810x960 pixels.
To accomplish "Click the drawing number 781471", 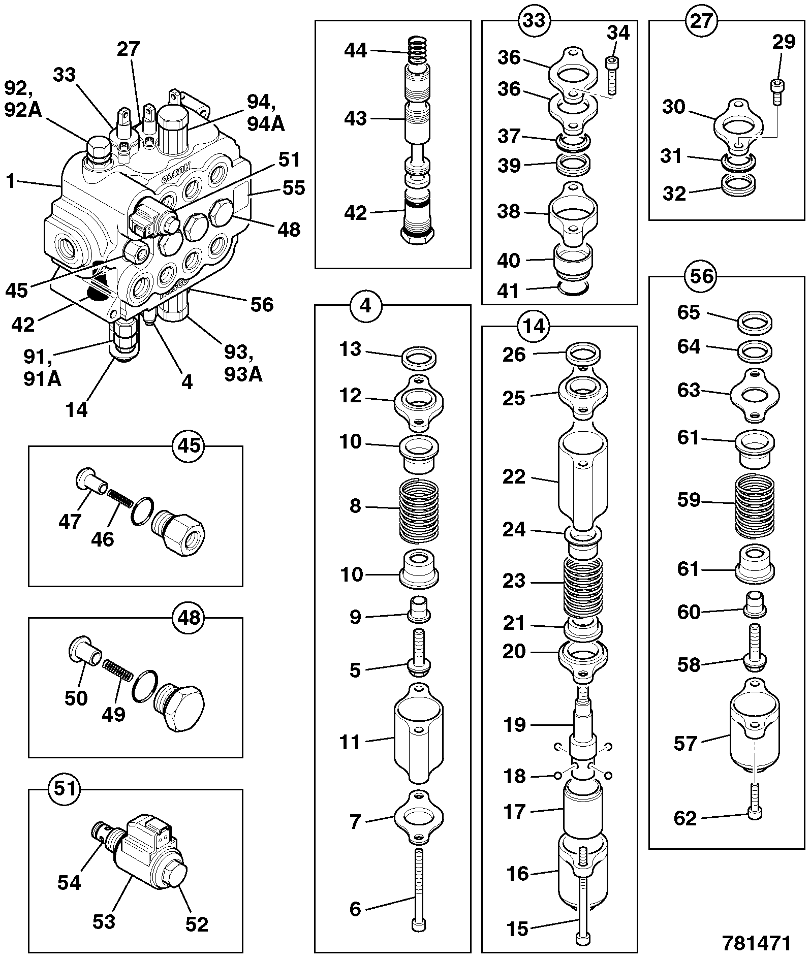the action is pos(757,943).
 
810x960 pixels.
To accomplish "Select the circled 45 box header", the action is pos(188,446).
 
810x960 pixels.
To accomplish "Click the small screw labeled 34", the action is pos(611,75).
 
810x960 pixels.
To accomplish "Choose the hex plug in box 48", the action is pos(178,706).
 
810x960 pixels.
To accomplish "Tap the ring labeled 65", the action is pos(755,322).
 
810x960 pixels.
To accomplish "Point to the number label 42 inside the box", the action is pos(355,212).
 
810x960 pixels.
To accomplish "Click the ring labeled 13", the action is pos(420,358).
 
